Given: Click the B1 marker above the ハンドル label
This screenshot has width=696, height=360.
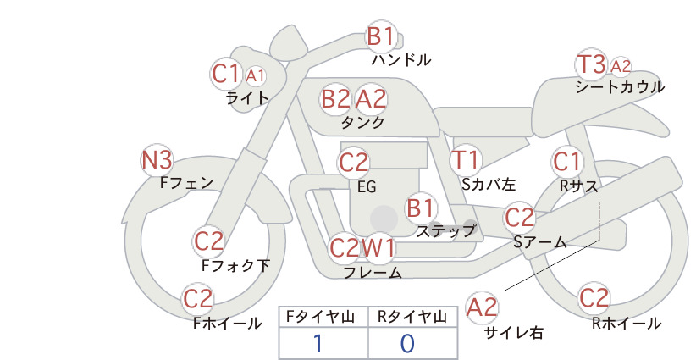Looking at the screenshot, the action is (381, 36).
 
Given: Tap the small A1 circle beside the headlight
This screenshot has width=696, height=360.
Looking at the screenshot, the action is (255, 76).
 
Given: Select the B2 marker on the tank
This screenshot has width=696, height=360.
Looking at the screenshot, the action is (335, 99).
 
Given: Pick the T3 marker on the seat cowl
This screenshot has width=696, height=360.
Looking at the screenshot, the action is (591, 64).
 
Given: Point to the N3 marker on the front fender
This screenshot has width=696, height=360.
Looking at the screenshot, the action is (157, 160).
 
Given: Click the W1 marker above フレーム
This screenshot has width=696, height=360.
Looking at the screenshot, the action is (378, 247).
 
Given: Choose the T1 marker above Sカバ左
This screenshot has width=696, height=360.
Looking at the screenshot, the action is (465, 160).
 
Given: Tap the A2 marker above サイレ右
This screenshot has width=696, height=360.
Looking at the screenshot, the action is (482, 307).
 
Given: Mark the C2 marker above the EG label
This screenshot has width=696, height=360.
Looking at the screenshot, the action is (354, 163).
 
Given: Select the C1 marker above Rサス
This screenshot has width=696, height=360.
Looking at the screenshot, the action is (566, 162).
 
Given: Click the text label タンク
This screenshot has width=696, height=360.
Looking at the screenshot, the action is (362, 122).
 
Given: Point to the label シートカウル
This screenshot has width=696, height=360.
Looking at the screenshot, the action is (620, 86).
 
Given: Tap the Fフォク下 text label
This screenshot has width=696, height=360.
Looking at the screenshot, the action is (235, 265).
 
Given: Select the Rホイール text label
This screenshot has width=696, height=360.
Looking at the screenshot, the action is (627, 324).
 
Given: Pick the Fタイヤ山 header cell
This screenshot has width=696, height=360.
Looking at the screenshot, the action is (323, 317).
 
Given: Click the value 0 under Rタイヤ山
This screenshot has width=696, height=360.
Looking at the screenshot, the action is (407, 343).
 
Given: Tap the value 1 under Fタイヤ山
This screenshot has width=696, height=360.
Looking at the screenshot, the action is (318, 343).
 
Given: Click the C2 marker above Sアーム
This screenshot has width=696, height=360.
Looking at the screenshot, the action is (519, 218).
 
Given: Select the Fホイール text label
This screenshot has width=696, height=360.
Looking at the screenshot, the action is (227, 324).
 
